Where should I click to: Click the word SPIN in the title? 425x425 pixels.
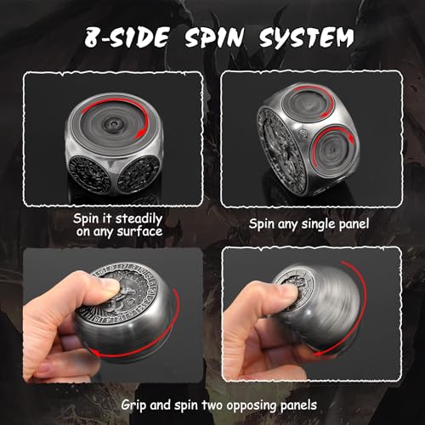(x=214, y=37)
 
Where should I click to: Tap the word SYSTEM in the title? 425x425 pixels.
(x=307, y=37)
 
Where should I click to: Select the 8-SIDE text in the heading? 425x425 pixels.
(x=127, y=37)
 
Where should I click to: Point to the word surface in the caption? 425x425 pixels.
(x=140, y=232)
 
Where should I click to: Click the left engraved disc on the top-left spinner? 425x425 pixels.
(x=89, y=175)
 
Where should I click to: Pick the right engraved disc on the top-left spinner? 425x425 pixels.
(x=139, y=173)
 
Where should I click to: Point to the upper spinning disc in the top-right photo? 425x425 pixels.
(x=307, y=103)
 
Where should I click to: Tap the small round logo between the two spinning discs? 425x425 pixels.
(x=302, y=133)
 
